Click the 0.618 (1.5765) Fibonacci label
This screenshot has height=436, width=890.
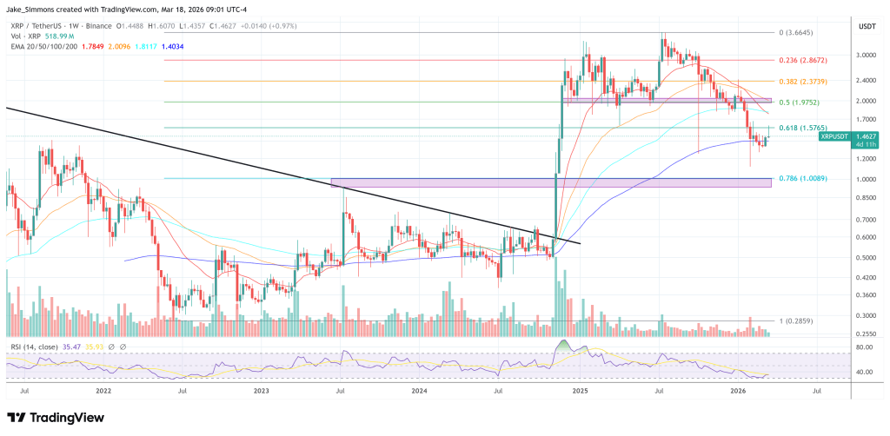(x=800, y=129)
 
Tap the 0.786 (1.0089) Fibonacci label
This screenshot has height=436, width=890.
(x=800, y=179)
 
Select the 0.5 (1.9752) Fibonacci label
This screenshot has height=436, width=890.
(x=799, y=102)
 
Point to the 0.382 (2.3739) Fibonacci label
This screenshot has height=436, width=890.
(x=800, y=81)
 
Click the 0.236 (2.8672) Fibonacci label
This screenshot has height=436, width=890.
(x=800, y=61)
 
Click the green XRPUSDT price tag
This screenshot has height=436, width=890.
(x=838, y=136)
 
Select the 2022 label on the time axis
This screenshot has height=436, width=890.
(x=103, y=392)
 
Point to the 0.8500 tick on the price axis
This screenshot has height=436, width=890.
(x=867, y=198)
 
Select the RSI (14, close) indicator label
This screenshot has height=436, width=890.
(x=35, y=347)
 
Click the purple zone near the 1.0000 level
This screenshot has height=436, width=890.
(x=551, y=182)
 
